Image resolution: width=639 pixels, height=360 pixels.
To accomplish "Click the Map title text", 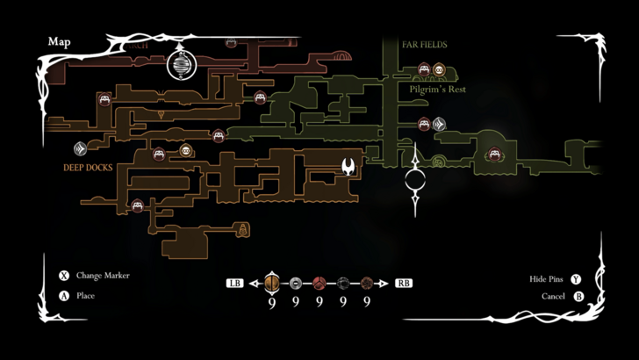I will pos(59,41).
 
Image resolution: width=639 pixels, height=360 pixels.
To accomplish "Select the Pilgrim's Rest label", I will pos(437,90).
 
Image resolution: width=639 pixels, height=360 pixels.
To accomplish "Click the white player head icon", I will pos(348,166).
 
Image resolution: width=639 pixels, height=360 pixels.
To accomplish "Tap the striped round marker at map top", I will pos(182,65).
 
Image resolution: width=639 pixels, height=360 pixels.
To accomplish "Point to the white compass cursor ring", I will pos(416,182).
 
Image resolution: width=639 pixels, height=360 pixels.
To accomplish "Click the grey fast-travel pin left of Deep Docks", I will pos(79,149).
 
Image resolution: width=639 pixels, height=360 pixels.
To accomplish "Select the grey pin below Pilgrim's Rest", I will pos(438,124).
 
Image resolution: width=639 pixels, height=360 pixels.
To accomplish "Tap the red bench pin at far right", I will pos(494,155).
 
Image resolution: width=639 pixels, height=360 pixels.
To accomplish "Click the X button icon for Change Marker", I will pos(63,276).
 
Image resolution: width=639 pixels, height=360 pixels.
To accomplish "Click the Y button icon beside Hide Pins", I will pos(576,279).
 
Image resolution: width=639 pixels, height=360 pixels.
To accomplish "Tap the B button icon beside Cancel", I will pos(578,297).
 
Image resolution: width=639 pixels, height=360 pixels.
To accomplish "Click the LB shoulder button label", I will pos(234,284).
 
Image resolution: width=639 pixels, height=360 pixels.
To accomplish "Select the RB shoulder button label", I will pos(404,284).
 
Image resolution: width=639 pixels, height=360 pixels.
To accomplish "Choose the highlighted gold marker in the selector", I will pos(272,283).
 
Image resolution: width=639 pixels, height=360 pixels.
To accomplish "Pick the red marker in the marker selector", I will pos(319,283).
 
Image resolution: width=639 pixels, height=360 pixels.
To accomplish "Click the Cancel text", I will pos(554,297).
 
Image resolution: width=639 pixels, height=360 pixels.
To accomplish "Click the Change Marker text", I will pos(103,276).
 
